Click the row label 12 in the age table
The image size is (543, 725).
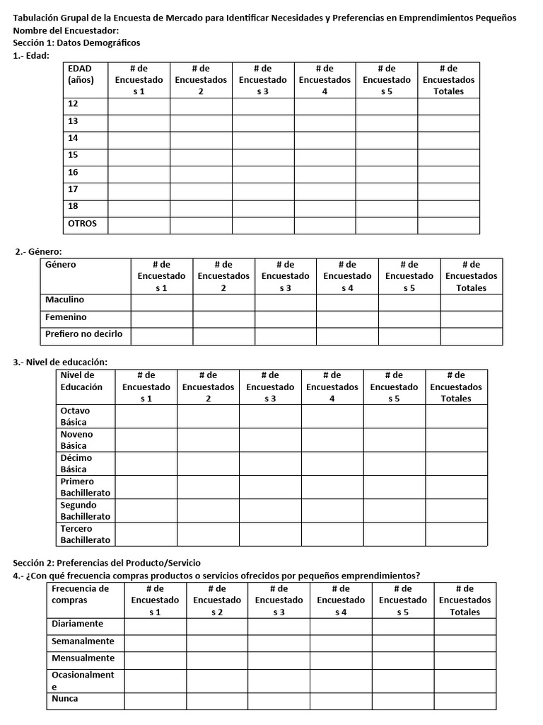(x=74, y=104)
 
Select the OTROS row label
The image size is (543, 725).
(x=83, y=224)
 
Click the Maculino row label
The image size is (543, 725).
(x=64, y=299)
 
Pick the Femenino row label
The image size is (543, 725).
(x=66, y=317)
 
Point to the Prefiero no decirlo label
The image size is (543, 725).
(x=83, y=334)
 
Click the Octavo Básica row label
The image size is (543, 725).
(x=76, y=416)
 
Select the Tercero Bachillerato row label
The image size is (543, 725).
(x=85, y=534)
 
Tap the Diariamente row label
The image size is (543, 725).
(x=77, y=624)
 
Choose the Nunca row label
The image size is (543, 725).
(x=65, y=699)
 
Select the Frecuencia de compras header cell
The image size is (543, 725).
(x=81, y=594)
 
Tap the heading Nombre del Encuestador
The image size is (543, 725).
(x=66, y=31)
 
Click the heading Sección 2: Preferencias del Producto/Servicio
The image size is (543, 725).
(x=107, y=563)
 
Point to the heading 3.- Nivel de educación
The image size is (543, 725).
(x=60, y=362)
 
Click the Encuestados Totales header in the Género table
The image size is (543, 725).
(x=471, y=276)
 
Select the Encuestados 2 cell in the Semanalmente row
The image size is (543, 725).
(x=217, y=643)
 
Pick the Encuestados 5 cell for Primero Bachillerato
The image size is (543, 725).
(x=394, y=487)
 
